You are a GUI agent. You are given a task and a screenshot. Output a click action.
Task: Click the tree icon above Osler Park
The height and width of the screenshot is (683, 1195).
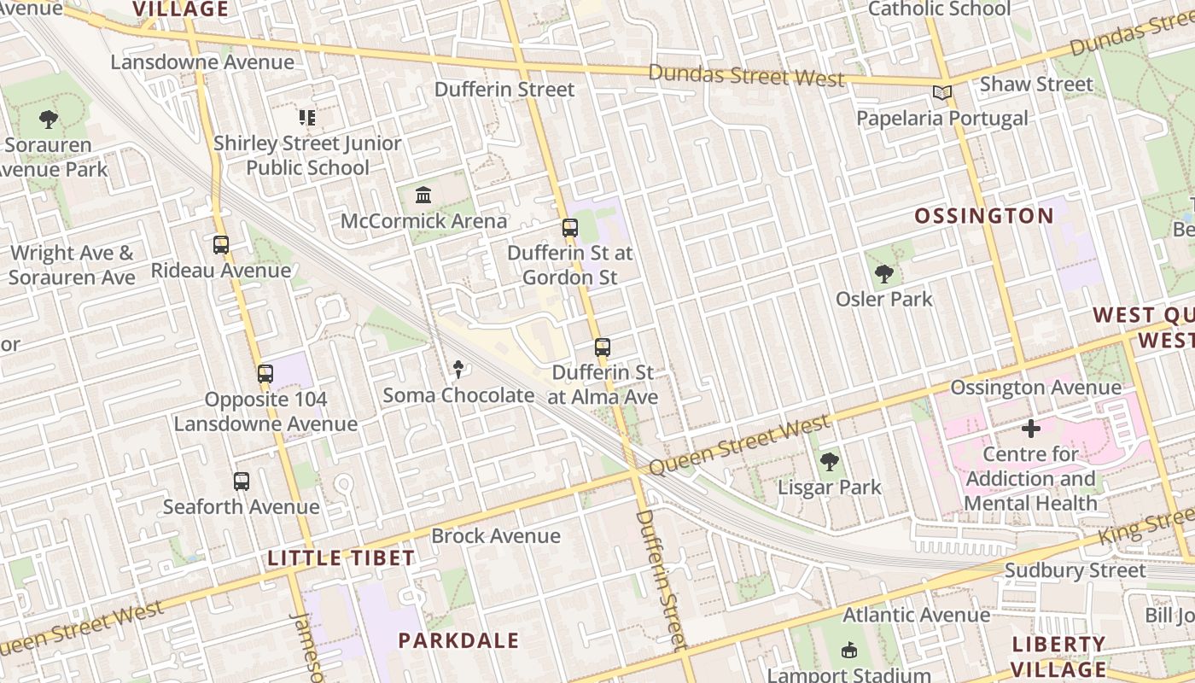click(x=883, y=274)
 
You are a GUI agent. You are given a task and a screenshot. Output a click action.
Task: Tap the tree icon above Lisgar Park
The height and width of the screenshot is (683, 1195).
click(x=829, y=463)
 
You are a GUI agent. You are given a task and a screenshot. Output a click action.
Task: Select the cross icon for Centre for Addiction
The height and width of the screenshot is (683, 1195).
click(x=1031, y=429)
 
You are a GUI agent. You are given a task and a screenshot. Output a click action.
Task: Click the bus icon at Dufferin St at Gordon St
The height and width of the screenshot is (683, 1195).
click(x=570, y=228)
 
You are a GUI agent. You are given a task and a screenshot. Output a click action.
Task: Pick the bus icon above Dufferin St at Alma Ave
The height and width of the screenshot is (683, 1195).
click(x=603, y=347)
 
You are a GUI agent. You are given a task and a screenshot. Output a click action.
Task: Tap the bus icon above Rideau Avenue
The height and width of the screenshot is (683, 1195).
click(x=221, y=245)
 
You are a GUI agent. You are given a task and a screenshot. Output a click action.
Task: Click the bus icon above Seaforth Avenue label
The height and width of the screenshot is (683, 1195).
click(x=242, y=482)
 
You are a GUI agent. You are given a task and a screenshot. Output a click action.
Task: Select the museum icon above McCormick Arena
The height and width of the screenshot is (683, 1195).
click(x=423, y=196)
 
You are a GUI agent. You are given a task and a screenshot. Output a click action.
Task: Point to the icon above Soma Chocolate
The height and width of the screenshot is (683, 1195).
click(x=458, y=370)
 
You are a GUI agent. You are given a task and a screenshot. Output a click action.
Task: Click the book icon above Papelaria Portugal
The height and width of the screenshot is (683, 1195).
click(x=941, y=93)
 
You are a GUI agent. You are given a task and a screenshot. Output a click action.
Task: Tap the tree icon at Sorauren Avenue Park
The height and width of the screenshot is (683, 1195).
click(x=49, y=120)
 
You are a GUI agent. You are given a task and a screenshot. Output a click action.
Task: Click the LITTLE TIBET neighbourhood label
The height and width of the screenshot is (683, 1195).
click(x=341, y=558)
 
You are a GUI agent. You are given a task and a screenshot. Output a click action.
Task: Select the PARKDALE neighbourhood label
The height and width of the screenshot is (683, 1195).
click(x=458, y=640)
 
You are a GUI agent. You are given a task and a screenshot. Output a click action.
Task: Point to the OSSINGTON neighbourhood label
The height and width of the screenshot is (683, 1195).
click(x=984, y=216)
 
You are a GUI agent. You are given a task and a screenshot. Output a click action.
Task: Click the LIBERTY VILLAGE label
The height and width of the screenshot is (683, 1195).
click(x=1058, y=657)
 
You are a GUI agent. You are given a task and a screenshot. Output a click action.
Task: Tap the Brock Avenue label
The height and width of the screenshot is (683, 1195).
click(x=496, y=536)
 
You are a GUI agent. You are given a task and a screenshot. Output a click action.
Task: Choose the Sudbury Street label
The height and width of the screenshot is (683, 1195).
click(x=1075, y=570)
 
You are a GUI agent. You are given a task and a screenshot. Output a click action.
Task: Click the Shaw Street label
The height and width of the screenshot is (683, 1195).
click(x=1036, y=85)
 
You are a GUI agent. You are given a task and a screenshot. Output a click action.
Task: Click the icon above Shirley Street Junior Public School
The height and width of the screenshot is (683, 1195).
click(x=307, y=117)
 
